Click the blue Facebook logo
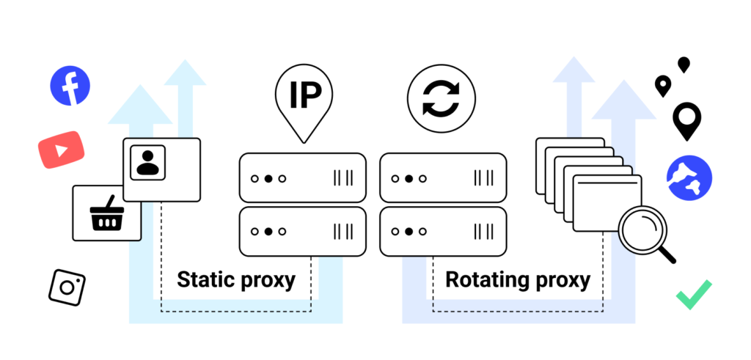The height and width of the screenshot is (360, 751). (x=70, y=85)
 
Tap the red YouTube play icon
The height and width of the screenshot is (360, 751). (x=61, y=150)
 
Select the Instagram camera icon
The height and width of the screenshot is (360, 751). (x=67, y=287)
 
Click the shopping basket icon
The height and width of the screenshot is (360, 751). (x=106, y=213)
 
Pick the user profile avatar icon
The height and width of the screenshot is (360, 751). (x=147, y=162)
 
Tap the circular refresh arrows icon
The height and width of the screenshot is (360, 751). (x=442, y=101)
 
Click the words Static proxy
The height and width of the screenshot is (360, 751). (x=236, y=279)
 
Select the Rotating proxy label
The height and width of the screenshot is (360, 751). (x=517, y=279)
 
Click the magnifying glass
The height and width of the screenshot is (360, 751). (x=642, y=229)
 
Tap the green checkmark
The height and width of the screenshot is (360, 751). (x=694, y=295)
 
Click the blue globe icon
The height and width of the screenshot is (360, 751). (x=689, y=179)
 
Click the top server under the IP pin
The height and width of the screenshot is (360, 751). (x=302, y=177)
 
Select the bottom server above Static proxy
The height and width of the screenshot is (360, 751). (x=302, y=231)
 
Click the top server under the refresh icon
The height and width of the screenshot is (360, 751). (x=443, y=177)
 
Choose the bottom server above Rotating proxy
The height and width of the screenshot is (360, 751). (x=443, y=231)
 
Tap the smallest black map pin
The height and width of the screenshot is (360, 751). (x=684, y=65)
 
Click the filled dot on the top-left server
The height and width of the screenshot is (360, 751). (x=268, y=178)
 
